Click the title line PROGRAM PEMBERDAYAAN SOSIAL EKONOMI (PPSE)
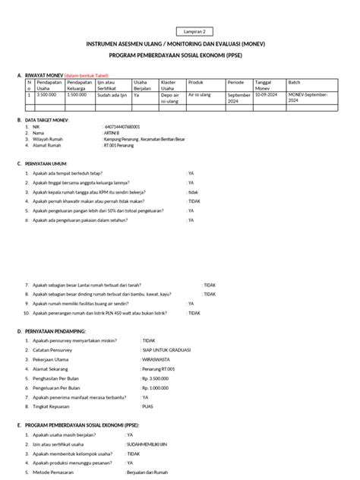[179, 55]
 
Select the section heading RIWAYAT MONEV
[45, 76]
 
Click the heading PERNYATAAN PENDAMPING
[55, 331]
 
